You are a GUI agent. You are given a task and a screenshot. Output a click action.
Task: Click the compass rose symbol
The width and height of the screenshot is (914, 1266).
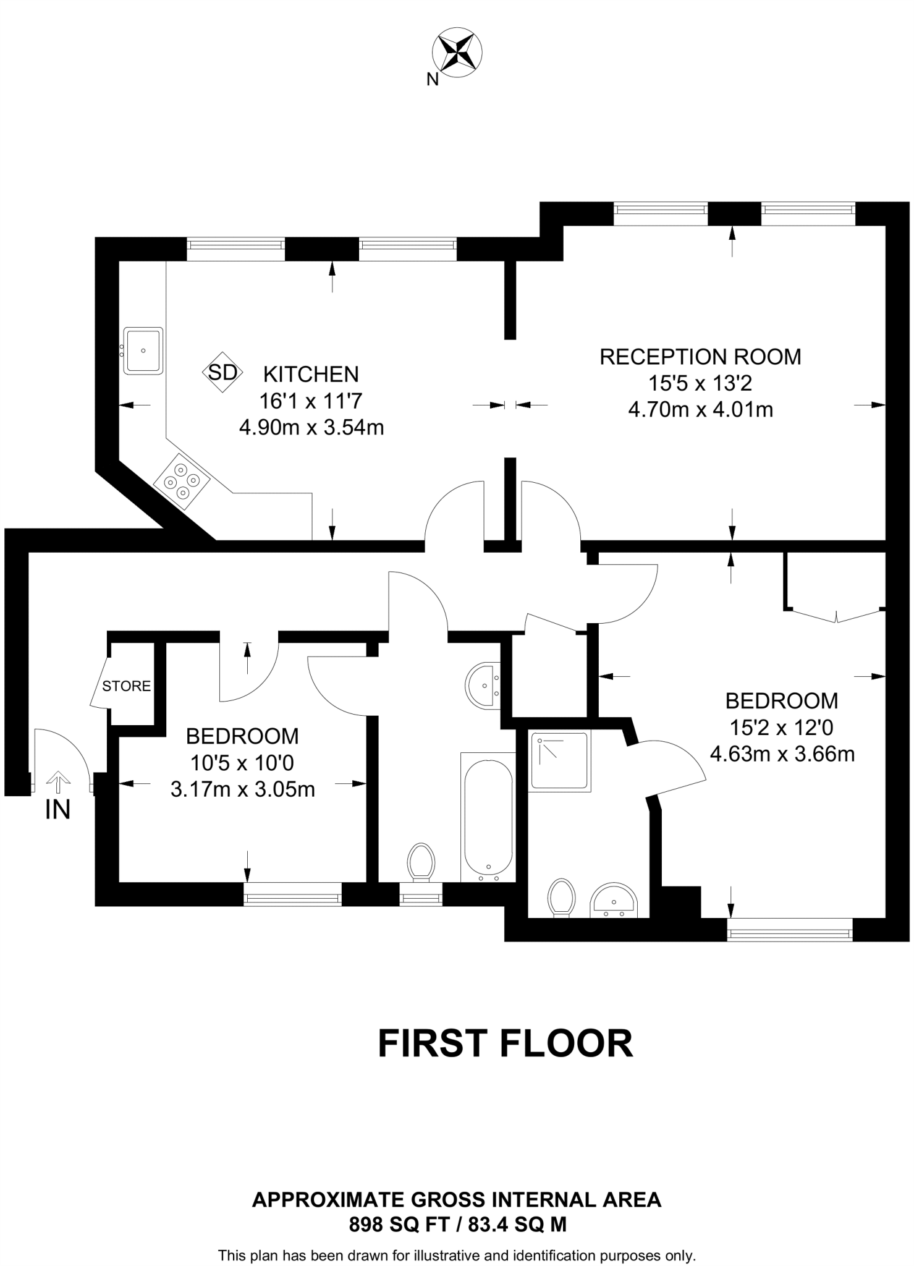click(x=457, y=53)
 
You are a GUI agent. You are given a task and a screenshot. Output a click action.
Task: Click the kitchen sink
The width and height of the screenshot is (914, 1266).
click(x=143, y=350)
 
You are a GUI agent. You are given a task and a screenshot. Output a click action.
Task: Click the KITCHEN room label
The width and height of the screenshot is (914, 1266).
click(x=311, y=374)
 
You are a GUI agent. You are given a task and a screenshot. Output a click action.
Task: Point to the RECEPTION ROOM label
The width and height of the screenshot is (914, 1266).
click(x=700, y=357)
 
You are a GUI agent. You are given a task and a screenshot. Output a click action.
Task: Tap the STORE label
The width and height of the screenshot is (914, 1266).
click(x=127, y=686)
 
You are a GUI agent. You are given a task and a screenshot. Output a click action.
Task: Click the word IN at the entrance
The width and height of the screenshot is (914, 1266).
click(x=58, y=810)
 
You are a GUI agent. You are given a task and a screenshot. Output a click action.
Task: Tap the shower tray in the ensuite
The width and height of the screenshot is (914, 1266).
click(x=560, y=761)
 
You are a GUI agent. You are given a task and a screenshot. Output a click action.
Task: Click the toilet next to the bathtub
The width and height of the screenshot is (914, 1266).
click(x=421, y=862)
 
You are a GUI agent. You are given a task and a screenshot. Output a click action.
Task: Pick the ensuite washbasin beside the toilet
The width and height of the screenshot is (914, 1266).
click(x=614, y=899)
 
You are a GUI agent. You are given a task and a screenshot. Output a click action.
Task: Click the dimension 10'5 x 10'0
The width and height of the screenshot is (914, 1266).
click(x=242, y=763)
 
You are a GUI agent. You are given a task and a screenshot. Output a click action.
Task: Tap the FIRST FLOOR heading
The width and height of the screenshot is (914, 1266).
click(x=506, y=1043)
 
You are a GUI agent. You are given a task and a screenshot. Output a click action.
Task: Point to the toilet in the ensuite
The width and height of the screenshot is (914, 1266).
click(x=561, y=898)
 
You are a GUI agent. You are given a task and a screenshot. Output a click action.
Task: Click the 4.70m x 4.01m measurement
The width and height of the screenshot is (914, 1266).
click(x=701, y=410)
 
